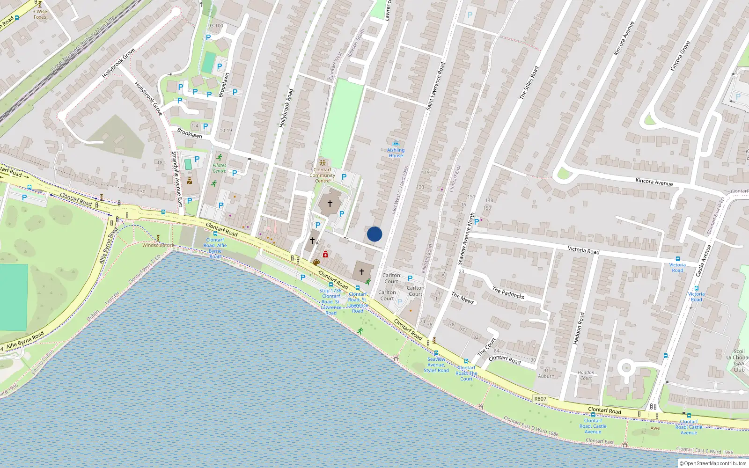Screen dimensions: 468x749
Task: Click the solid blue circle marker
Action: point(374,234)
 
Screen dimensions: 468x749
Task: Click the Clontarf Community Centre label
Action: point(322,175)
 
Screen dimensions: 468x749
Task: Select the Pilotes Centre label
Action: point(219,168)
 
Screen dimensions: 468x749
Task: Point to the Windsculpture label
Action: point(158,245)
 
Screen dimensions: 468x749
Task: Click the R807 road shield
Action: point(540,399)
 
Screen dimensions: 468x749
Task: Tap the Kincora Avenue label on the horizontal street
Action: point(654,182)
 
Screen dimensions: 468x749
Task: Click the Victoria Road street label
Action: point(583,250)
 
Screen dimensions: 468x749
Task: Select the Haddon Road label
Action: point(579,329)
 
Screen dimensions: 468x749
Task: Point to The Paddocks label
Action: point(508,293)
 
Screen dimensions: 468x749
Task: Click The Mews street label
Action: point(463,298)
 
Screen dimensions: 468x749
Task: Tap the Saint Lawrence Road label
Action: point(435,86)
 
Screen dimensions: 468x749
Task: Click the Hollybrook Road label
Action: point(286,108)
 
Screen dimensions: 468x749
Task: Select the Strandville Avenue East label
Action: point(177,179)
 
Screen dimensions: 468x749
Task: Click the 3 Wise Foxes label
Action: point(40,15)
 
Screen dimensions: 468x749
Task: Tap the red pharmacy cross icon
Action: point(325,255)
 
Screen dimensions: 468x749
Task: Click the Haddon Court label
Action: point(586,375)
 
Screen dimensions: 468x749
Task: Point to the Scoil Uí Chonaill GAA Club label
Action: point(739,360)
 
